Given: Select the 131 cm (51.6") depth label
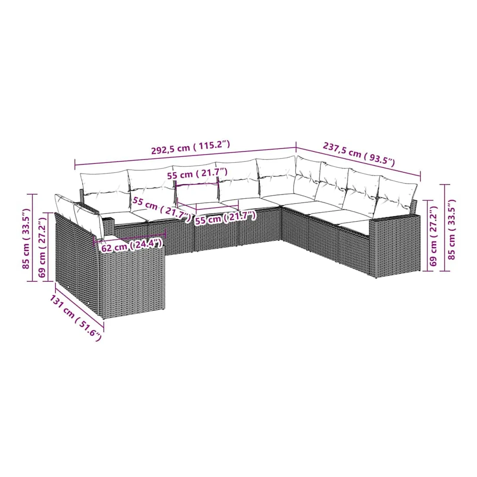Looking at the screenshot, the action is click(75, 318).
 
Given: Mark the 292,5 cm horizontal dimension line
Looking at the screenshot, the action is click(185, 157).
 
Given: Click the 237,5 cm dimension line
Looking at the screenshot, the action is click(358, 162).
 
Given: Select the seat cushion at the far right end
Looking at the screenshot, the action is click(355, 225).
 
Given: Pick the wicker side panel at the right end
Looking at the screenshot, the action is click(395, 245).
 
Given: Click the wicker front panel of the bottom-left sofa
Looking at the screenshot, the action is click(132, 279).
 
